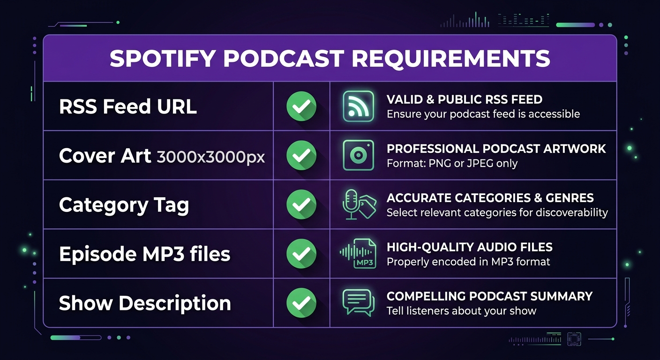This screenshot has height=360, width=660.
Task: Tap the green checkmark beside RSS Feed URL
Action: (x=301, y=106)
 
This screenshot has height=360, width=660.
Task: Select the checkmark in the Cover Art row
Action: (x=301, y=156)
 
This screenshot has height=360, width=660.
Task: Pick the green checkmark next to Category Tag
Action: (x=301, y=205)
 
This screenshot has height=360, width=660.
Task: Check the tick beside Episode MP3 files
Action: (x=301, y=254)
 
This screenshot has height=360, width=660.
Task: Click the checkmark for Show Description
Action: (x=301, y=303)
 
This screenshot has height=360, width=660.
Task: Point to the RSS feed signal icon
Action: (x=358, y=106)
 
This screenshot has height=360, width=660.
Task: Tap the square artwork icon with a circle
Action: (x=358, y=155)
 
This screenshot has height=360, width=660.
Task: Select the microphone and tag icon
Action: (x=359, y=205)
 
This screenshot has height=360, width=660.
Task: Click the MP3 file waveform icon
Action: (x=358, y=254)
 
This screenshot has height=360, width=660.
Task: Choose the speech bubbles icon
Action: (x=358, y=302)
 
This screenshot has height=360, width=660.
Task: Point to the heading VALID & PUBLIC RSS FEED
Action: (x=464, y=99)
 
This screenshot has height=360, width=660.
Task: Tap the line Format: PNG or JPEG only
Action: (x=452, y=164)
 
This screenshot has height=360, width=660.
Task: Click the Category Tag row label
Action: (x=124, y=205)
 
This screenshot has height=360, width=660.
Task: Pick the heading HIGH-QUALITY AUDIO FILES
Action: (x=469, y=247)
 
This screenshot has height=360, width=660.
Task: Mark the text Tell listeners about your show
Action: (x=461, y=311)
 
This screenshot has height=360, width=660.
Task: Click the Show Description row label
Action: (x=145, y=303)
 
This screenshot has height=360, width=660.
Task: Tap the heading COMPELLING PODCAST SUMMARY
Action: (x=489, y=296)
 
